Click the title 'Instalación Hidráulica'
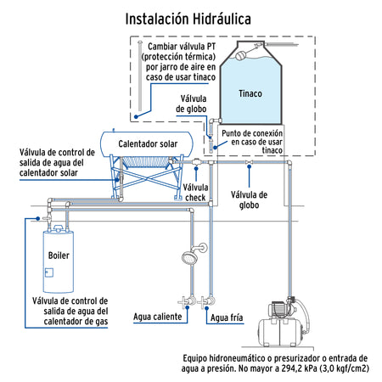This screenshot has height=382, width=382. (x=188, y=18)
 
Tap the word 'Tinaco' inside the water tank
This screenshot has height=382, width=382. (x=250, y=93)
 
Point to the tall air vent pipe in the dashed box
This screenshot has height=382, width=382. (x=140, y=81)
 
